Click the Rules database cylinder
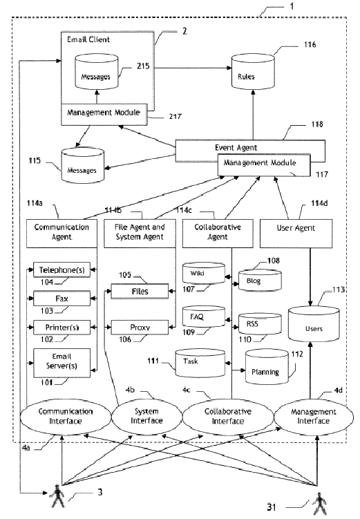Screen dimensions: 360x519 [253, 72]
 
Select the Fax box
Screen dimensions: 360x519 [62, 299]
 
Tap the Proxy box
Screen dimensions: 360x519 [140, 328]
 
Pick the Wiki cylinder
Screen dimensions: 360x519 [204, 273]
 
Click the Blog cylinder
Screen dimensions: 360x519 [260, 281]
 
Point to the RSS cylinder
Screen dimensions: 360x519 [260, 323]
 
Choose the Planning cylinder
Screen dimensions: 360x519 [267, 367]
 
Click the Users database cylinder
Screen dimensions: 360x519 [314, 324]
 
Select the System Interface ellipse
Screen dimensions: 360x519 [147, 416]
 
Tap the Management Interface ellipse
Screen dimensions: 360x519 [313, 416]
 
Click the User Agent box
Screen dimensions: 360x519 [296, 234]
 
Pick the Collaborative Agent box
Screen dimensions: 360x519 [218, 234]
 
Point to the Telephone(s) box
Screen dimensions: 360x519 [62, 270]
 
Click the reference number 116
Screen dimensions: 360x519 [310, 44]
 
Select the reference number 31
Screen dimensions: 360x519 [272, 507]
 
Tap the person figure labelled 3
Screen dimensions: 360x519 [57, 496]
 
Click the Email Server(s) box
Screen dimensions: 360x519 [62, 363]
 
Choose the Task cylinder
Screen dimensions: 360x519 [200, 363]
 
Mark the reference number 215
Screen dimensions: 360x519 [143, 66]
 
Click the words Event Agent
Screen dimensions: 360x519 [236, 148]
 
